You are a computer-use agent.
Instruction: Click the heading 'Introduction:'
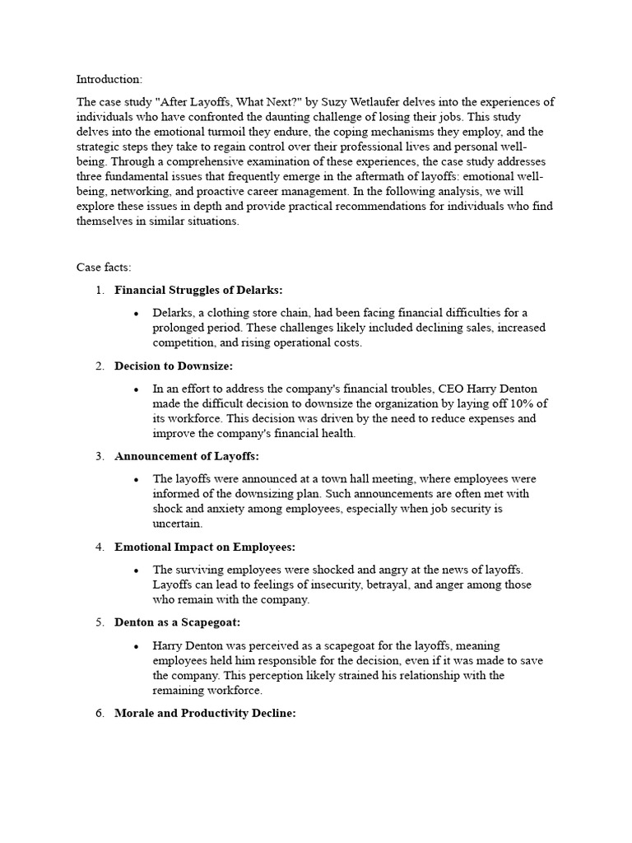(109, 79)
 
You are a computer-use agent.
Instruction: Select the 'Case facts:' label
(104, 268)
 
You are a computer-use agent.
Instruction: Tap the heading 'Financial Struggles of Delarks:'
(198, 290)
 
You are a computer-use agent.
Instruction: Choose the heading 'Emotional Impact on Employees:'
(204, 547)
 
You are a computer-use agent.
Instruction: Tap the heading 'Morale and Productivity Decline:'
(205, 713)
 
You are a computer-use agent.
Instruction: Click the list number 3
(100, 456)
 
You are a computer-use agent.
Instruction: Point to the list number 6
(100, 713)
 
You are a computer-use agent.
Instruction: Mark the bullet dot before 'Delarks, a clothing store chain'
(136, 314)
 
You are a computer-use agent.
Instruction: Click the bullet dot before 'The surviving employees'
(136, 571)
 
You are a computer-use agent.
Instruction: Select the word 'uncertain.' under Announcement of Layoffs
(178, 524)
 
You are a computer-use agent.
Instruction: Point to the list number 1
(100, 290)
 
